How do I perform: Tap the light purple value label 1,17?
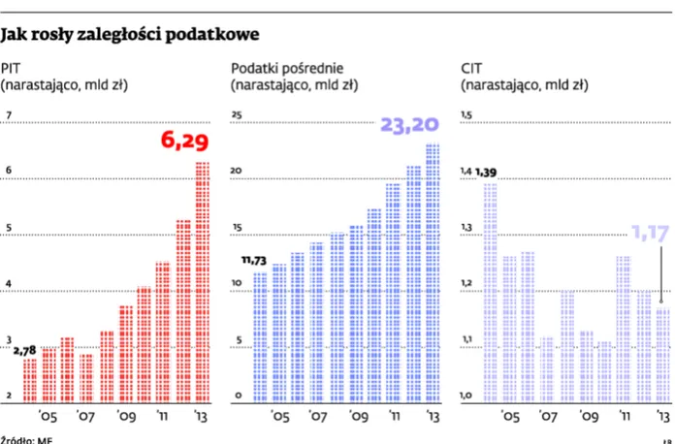coord(651,232)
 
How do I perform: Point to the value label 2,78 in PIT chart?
coord(24,349)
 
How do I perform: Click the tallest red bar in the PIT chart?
coord(202,281)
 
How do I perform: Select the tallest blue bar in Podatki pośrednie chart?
coord(432,271)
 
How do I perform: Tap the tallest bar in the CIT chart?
coord(490,291)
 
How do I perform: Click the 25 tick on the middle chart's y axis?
coord(236,115)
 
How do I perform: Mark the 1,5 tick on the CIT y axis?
coord(466,115)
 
